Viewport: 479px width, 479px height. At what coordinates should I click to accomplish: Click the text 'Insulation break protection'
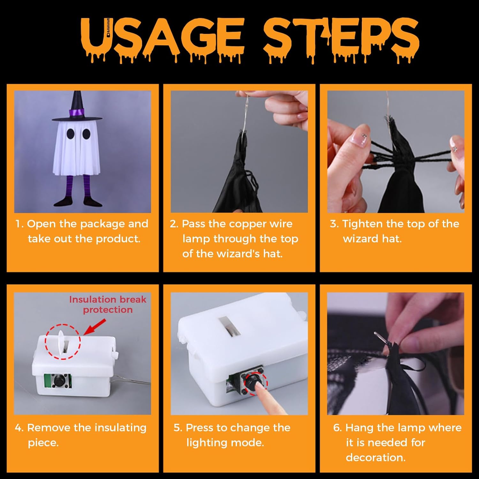(x=108, y=304)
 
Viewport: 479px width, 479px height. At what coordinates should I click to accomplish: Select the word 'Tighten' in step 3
(x=362, y=224)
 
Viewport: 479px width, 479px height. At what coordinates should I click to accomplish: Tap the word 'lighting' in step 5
(x=206, y=443)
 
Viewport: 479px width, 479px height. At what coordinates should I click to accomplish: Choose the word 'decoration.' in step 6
(x=376, y=458)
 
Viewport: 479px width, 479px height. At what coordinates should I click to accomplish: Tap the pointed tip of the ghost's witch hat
(x=77, y=92)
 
